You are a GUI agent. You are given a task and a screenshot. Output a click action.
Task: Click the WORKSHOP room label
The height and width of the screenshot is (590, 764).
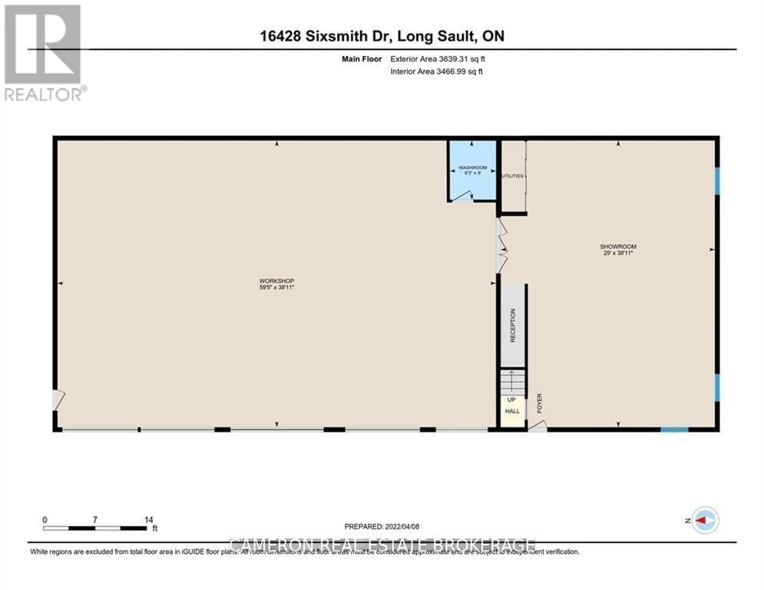[276, 280]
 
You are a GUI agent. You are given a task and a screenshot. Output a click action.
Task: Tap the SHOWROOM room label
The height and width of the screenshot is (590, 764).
[618, 247]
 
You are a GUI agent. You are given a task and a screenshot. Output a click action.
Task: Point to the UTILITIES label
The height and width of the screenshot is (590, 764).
[512, 176]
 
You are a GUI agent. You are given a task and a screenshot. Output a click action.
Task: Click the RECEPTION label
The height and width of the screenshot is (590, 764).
[513, 325]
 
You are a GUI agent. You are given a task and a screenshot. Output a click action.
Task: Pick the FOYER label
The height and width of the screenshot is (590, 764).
[540, 403]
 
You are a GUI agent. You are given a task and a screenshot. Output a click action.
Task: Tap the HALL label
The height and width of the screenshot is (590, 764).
[512, 412]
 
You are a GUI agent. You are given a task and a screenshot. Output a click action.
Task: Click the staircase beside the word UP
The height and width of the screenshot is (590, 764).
[512, 381]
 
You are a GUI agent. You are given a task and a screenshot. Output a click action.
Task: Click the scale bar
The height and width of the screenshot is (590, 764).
[94, 528]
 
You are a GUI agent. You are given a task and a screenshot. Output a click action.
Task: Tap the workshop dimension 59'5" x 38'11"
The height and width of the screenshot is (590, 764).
[276, 287]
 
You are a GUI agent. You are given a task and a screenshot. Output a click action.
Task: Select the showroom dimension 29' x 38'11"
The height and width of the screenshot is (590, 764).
[618, 254]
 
